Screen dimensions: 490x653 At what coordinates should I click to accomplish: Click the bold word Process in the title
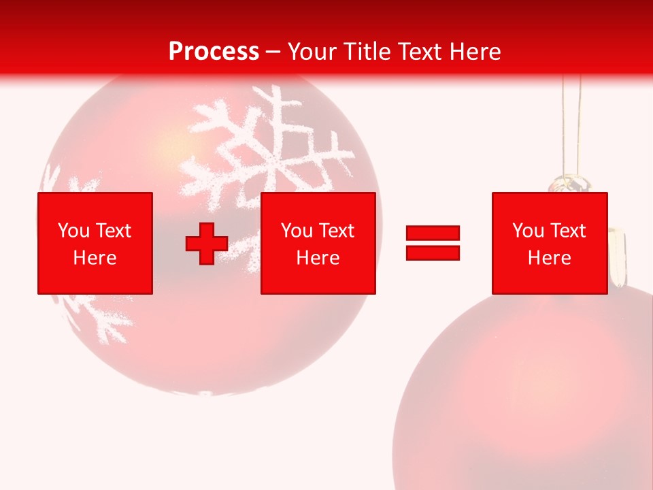[214, 51]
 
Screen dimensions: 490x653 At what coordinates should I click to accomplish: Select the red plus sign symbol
[207, 244]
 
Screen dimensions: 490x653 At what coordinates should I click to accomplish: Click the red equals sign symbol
[433, 243]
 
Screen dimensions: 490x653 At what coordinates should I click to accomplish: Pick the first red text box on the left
[95, 243]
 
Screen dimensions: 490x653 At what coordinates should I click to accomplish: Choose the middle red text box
[318, 243]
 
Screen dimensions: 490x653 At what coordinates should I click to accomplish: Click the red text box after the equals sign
[550, 243]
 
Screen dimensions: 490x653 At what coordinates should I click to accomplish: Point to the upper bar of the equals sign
[433, 233]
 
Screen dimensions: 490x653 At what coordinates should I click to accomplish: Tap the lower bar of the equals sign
[433, 252]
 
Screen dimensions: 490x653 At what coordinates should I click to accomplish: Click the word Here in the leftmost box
[95, 258]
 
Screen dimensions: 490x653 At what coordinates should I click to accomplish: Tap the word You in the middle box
[297, 231]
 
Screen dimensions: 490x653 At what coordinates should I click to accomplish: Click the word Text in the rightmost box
[569, 231]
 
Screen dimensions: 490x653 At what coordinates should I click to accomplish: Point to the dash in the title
[273, 52]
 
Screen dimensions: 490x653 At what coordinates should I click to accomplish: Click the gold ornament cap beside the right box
[617, 259]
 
